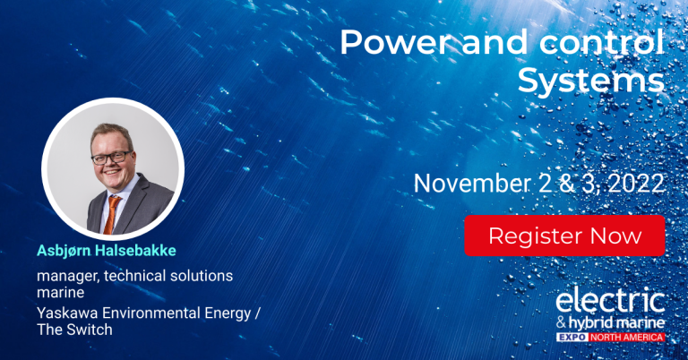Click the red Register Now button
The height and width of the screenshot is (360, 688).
[x=564, y=236]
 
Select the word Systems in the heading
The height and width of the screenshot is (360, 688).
[x=591, y=81]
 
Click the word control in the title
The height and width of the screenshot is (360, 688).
[x=602, y=42]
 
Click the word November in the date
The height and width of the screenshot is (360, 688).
[x=472, y=184]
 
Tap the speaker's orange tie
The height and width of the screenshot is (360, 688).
[x=111, y=214]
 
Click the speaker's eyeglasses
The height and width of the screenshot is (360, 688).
[x=111, y=157]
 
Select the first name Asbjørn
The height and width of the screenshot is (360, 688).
[x=64, y=251]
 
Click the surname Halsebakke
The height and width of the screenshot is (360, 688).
[x=135, y=251]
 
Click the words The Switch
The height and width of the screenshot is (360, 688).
[x=74, y=330]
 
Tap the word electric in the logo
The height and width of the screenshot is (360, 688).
[x=610, y=300]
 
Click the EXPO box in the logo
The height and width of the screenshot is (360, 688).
[x=572, y=338]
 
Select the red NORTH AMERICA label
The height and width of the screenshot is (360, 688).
[x=626, y=338]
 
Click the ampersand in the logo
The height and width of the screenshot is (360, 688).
[x=561, y=323]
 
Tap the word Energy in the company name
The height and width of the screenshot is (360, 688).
[x=228, y=314]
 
